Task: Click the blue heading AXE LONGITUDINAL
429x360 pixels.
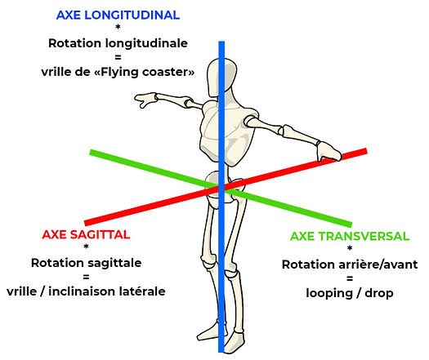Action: coord(118,15)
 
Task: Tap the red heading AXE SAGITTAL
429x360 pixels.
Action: coord(86,235)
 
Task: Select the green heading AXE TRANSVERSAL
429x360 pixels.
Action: coord(350,236)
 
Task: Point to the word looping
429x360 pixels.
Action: coord(329,294)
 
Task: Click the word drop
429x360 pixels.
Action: coord(379,294)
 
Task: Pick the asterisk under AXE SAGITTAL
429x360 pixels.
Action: coord(86,247)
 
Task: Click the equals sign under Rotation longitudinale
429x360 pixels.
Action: coord(118,57)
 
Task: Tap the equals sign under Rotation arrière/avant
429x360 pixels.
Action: coord(350,278)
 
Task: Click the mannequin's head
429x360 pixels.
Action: coord(221,78)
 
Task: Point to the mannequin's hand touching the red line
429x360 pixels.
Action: coord(328,151)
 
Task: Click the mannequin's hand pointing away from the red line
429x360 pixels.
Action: coord(145,100)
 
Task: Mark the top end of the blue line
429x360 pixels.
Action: coord(221,42)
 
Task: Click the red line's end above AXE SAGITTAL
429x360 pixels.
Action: coord(85,224)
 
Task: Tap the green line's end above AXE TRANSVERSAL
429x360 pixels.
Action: coord(351,224)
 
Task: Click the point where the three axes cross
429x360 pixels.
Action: coord(221,188)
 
